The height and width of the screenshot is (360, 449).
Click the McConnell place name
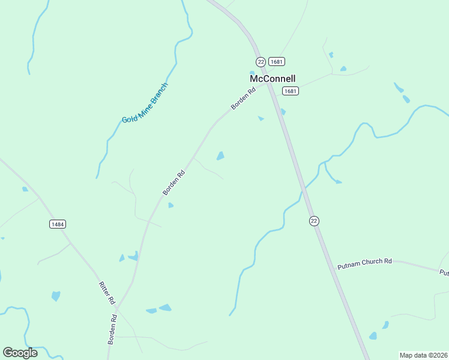click(273, 79)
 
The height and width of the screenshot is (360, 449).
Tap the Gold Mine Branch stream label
click(145, 103)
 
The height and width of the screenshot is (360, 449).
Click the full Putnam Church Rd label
click(364, 262)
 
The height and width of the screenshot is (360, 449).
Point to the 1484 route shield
click(58, 224)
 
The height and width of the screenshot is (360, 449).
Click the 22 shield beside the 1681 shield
click(261, 62)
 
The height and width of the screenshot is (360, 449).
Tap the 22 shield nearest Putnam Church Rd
click(314, 221)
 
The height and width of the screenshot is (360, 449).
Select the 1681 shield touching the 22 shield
click(277, 62)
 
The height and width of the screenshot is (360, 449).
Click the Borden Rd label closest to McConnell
click(243, 98)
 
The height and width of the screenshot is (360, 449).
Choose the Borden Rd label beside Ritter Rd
click(112, 328)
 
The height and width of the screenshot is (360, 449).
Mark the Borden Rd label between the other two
click(173, 182)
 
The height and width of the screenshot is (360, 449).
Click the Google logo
click(20, 352)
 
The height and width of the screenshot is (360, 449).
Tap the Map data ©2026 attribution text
click(423, 355)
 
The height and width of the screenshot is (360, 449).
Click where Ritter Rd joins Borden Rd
click(116, 309)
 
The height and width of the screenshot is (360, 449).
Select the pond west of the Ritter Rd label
click(56, 296)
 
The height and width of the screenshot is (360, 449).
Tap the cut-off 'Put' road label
click(444, 273)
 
